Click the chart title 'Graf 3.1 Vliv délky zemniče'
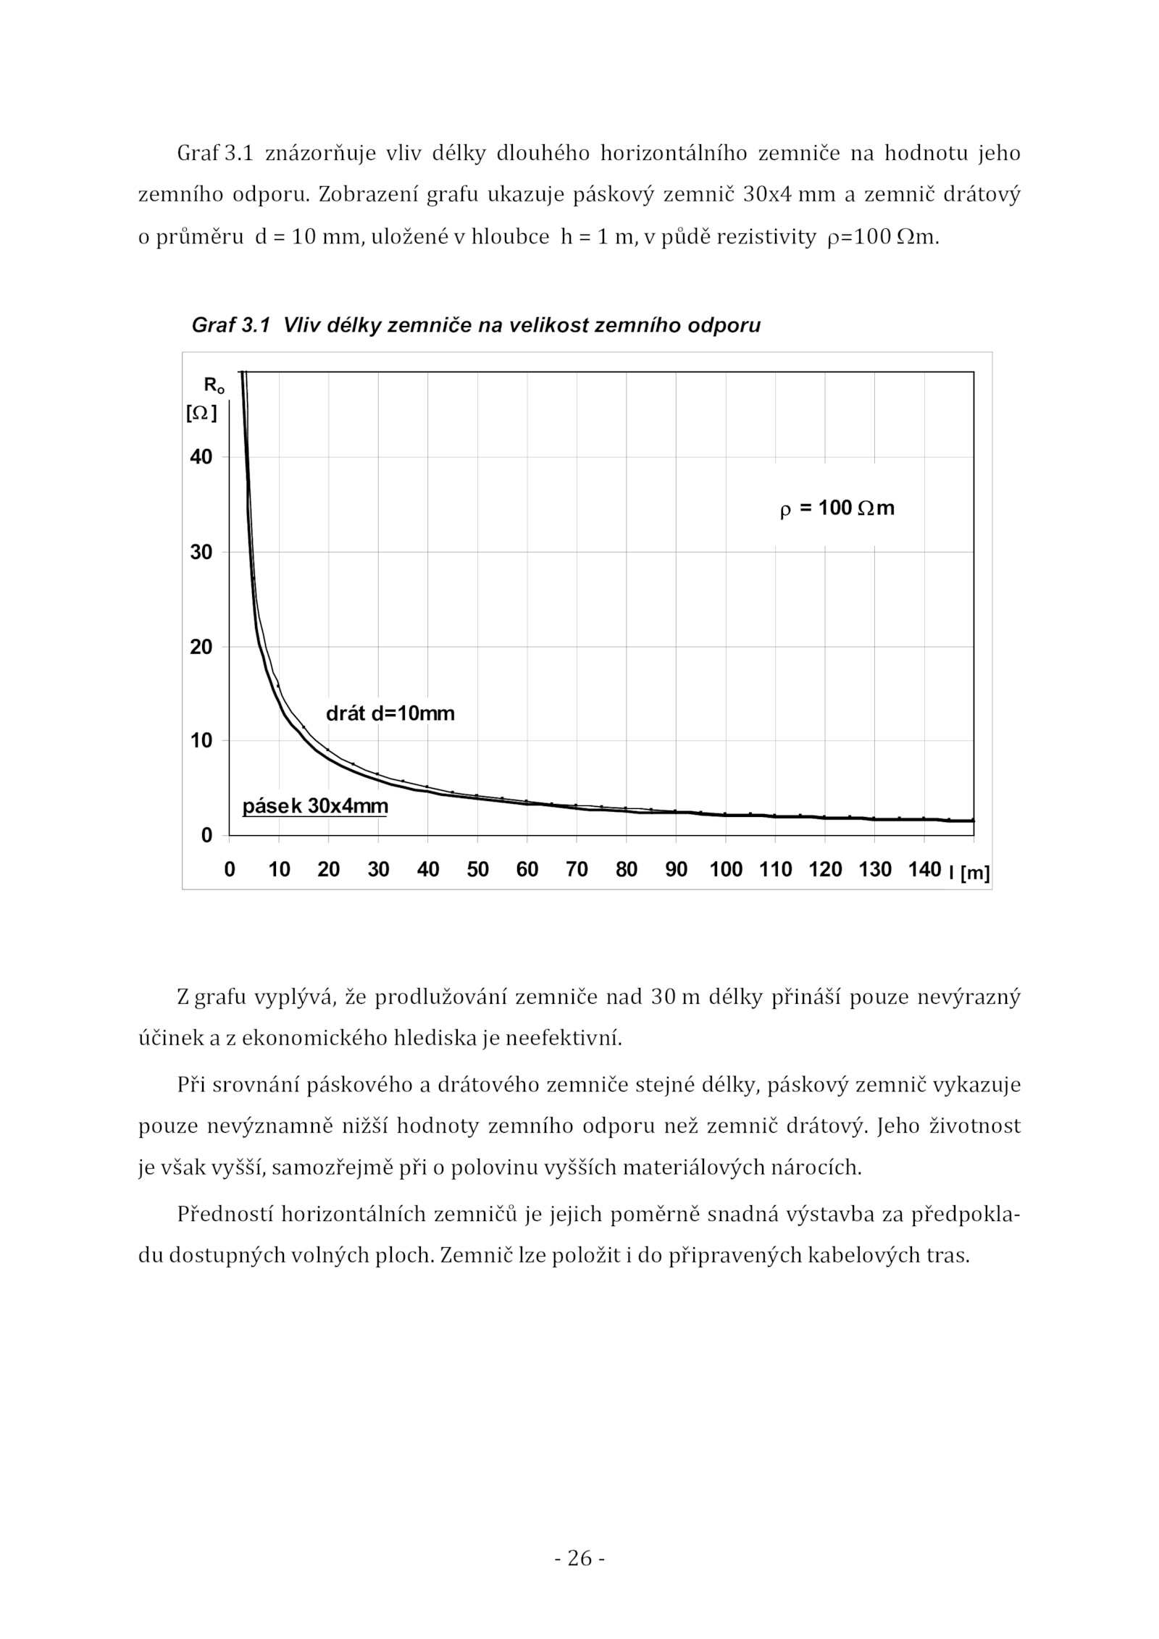475,325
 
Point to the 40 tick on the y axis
201,457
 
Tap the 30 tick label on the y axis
201,552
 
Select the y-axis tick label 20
201,647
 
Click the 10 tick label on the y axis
201,741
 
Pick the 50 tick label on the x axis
477,870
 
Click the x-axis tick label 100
726,870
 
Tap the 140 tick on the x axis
924,870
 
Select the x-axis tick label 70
577,870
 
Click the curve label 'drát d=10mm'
390,714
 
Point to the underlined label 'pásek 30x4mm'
315,806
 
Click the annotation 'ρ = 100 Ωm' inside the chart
837,508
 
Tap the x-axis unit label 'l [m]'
969,873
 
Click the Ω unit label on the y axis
201,414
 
